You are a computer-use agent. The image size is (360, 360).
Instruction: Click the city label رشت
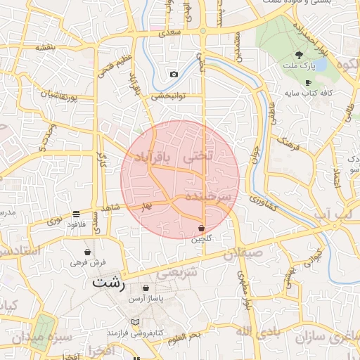coord(108,283)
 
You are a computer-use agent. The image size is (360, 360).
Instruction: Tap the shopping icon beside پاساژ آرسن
coord(146,288)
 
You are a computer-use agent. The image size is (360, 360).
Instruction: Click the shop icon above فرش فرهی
coord(88,252)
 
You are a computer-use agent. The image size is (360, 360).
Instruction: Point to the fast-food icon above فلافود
coord(76,214)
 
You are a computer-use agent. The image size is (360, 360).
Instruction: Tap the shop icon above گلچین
coord(202,228)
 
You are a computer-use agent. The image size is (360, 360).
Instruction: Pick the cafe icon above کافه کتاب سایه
coord(308,82)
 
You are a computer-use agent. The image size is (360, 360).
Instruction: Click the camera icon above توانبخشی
coord(174,75)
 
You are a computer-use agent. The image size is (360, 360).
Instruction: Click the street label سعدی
coord(170,32)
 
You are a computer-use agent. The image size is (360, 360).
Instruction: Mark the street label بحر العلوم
coord(185,336)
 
